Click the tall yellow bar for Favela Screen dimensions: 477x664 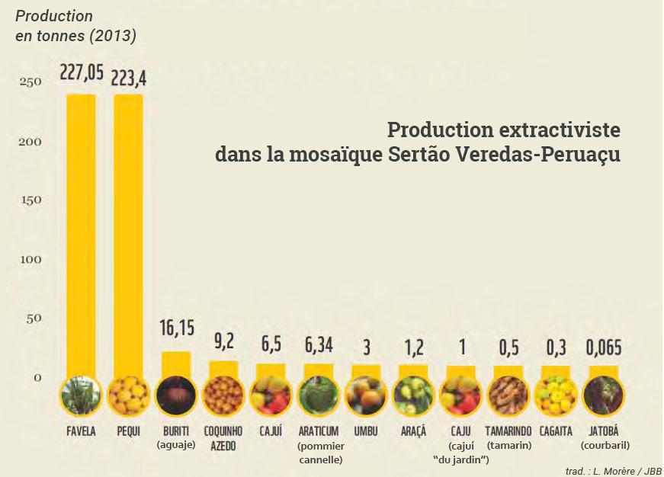(81, 229)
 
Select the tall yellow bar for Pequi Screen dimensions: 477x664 (128, 229)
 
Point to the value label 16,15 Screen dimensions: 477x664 (177, 328)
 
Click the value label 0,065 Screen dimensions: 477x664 (603, 348)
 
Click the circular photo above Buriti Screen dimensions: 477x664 (177, 395)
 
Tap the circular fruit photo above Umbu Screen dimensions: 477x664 (366, 395)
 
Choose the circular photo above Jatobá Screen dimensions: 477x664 (603, 395)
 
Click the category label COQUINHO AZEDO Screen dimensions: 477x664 (223, 437)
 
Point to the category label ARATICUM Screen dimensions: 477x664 (319, 431)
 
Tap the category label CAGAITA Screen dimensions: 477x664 (556, 431)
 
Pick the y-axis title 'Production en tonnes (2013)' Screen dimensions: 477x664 (75, 25)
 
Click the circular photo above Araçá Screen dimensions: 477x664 (414, 395)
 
